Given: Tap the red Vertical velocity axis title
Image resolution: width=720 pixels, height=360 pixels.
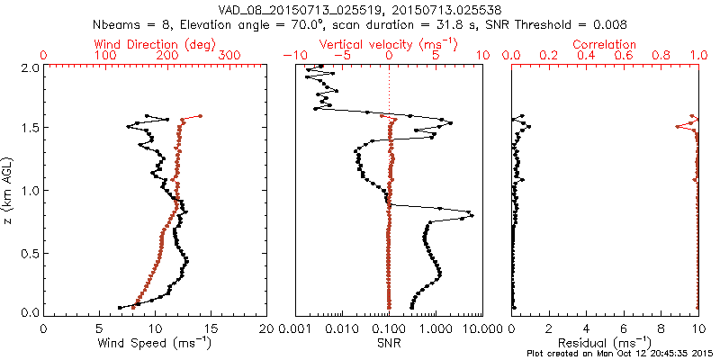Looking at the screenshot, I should pos(389,44).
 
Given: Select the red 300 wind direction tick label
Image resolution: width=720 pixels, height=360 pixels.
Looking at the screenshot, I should pos(229,56).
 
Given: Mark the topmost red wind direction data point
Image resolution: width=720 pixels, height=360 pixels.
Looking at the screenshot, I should pos(200,116).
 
